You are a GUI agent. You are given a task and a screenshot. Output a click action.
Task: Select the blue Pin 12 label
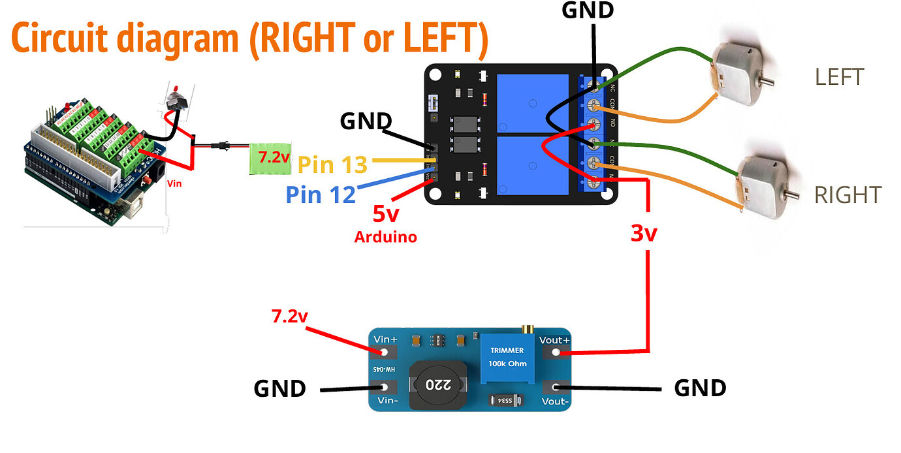click(x=321, y=194)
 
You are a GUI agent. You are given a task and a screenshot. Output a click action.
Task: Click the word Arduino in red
click(x=385, y=237)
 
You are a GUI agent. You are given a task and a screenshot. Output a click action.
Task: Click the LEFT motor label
click(x=839, y=77)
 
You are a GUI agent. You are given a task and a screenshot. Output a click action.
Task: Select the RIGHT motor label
click(x=847, y=195)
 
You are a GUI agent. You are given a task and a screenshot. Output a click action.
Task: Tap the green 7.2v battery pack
click(x=270, y=159)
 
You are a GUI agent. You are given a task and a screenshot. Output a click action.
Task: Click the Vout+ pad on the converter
click(x=556, y=352)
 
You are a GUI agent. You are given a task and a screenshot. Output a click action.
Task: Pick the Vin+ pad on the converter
click(x=384, y=352)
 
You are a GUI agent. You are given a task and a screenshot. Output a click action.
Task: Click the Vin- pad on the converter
click(x=384, y=388)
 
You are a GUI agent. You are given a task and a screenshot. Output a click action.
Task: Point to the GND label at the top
click(x=588, y=10)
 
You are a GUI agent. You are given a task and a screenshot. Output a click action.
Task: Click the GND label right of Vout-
click(x=700, y=388)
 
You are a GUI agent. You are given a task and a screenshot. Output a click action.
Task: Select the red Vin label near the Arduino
click(x=174, y=184)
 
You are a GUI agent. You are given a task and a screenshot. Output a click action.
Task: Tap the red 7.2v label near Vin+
click(x=289, y=317)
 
